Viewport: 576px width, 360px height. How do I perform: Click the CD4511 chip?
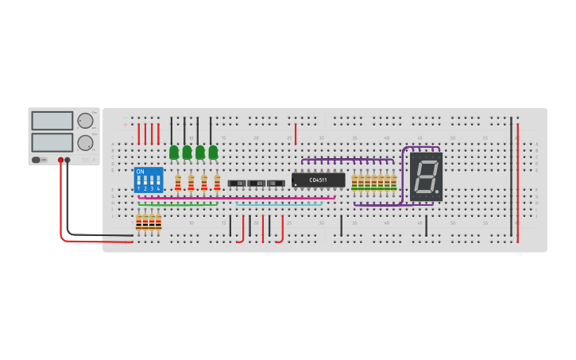coord(318,180)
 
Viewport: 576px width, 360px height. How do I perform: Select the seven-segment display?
coord(427,176)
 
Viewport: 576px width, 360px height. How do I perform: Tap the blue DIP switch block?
coord(149,180)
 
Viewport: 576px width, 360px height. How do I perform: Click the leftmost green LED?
coord(174,152)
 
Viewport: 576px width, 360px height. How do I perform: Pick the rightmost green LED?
coord(213,152)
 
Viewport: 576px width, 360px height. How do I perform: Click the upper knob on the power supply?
coord(84,121)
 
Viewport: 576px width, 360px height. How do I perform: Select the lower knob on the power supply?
coord(84,143)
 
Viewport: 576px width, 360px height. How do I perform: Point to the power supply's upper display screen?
coord(52,121)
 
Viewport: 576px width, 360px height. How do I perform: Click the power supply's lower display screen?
coord(52,143)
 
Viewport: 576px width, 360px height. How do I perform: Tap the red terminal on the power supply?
coord(60,160)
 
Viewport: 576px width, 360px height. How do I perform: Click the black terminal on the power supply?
coord(68,160)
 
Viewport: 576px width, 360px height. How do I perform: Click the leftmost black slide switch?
coord(237,184)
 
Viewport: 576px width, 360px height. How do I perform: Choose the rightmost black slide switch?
coord(276,184)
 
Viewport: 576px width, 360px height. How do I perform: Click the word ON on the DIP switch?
coord(141,172)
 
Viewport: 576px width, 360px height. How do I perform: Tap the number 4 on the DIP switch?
coord(158,189)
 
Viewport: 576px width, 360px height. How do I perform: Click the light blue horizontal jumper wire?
coord(278,204)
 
